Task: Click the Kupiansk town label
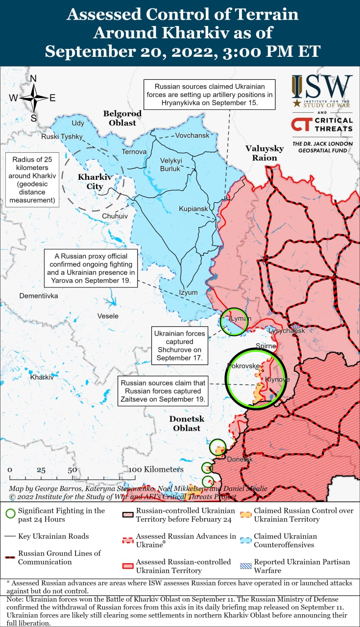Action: [x=193, y=209]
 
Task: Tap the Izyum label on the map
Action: [x=188, y=292]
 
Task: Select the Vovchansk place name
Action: [x=192, y=135]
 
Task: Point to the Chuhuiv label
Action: [x=115, y=216]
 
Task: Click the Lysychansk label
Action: [x=287, y=331]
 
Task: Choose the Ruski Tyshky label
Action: [x=62, y=137]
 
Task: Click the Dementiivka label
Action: [x=39, y=296]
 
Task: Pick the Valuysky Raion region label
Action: [x=264, y=153]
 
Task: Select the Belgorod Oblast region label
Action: [x=122, y=118]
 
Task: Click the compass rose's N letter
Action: [x=33, y=78]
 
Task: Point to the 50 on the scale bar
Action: [x=72, y=470]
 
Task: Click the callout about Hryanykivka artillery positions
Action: [x=210, y=95]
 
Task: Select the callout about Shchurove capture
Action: [x=179, y=346]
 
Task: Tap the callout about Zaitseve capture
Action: [x=163, y=391]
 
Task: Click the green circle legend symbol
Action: [x=9, y=514]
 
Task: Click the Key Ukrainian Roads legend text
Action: [x=53, y=536]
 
